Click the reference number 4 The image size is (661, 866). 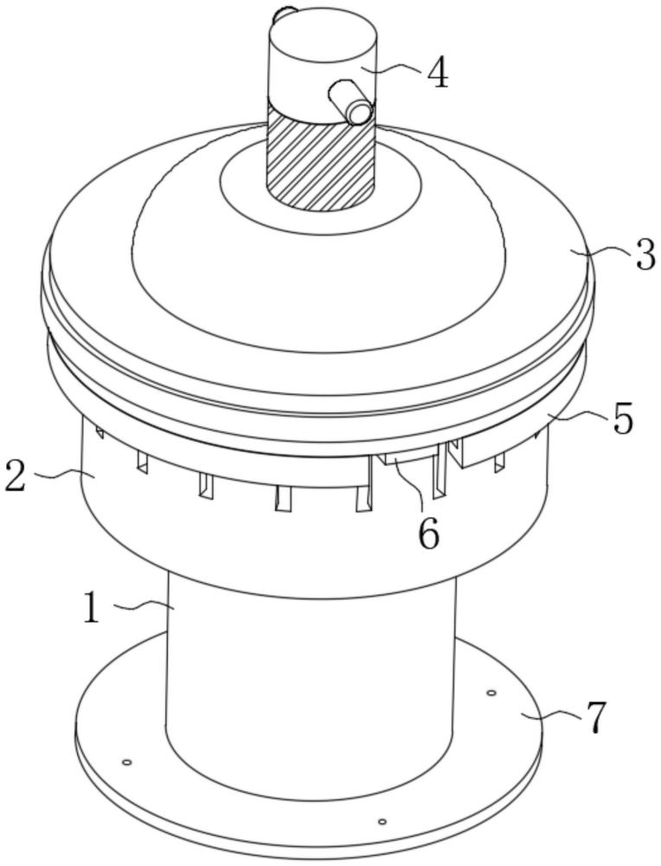pos(438,73)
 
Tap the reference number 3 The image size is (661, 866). pos(645,257)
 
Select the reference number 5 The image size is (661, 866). pos(623,419)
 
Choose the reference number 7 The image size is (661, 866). pos(594,718)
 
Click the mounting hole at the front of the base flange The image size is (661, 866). pos(382,821)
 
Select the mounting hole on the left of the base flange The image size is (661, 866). pos(127,762)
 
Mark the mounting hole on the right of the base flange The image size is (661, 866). pos(491,693)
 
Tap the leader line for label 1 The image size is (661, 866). pos(141,606)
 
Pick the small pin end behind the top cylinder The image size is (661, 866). pos(281,14)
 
